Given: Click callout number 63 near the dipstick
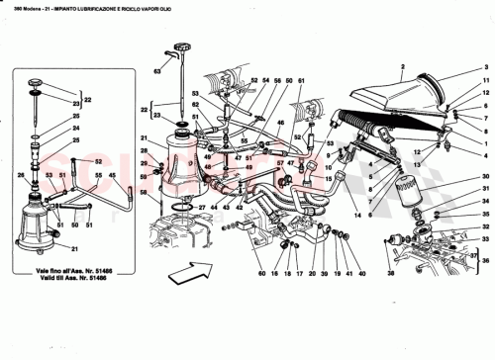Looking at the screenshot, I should (156, 71).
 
